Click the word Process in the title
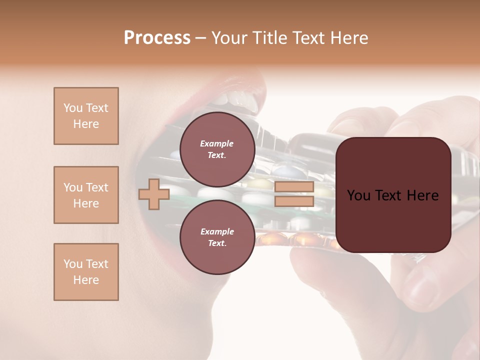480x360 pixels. click(x=157, y=38)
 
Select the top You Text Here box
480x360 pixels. click(x=86, y=116)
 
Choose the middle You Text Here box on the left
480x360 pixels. click(x=86, y=195)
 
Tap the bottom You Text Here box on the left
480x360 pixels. click(x=86, y=272)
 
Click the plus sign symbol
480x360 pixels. click(x=153, y=194)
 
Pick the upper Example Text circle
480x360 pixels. click(x=217, y=149)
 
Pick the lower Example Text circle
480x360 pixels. click(x=217, y=237)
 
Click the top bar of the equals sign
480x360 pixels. click(x=294, y=187)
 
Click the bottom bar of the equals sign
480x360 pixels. click(x=294, y=201)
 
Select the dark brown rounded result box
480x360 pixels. click(x=393, y=194)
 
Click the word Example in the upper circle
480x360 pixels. click(x=217, y=143)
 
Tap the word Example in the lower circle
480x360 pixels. click(x=217, y=231)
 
